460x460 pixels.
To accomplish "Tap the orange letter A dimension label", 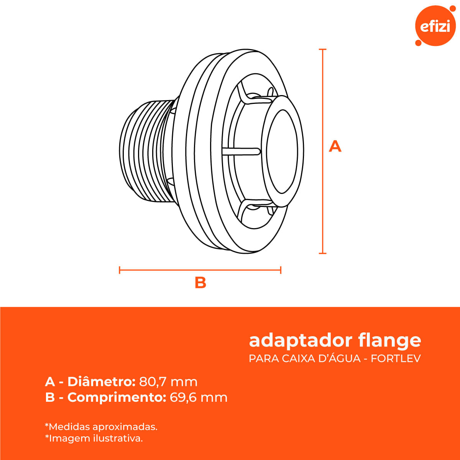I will coord(335,146).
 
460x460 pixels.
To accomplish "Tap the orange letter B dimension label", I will coord(200,283).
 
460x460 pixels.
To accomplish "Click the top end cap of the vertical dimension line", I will coord(323,49).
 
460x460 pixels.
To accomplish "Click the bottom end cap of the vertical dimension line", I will coord(323,253).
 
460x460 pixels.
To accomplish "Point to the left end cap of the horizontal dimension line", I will coord(120,270).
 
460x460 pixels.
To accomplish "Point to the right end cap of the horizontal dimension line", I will coord(281,270).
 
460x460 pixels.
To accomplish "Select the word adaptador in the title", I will coord(301,341).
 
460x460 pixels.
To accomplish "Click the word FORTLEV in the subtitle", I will coord(396,358).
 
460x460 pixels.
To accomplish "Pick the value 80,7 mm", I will coord(168,382).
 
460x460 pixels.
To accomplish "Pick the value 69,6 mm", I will coord(199,398).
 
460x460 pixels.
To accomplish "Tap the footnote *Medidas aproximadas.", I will coord(101,427).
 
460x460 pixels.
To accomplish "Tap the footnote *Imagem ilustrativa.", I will coord(94,438).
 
